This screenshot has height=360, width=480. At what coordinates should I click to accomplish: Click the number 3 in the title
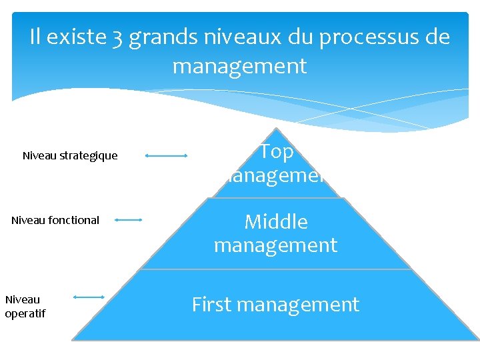click(x=117, y=37)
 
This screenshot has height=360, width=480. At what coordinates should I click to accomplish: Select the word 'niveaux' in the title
click(x=238, y=37)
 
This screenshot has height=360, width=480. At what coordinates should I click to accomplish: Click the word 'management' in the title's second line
click(x=239, y=66)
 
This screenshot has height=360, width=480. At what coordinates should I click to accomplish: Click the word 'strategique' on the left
click(x=89, y=156)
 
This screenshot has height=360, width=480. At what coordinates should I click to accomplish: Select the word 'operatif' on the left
click(x=25, y=313)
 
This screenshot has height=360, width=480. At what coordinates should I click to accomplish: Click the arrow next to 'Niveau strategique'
click(x=166, y=156)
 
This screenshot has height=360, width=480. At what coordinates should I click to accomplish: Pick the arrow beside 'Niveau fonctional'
click(x=128, y=219)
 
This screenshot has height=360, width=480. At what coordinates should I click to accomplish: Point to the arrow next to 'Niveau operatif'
click(x=89, y=297)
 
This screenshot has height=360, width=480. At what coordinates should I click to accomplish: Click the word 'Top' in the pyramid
click(x=277, y=151)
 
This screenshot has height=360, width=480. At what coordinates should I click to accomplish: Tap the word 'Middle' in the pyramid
click(x=276, y=221)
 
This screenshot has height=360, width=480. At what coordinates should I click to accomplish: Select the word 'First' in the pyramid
click(x=212, y=305)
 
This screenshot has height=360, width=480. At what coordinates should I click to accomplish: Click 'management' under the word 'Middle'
click(x=275, y=245)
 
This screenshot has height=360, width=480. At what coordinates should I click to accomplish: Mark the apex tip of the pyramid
click(x=275, y=129)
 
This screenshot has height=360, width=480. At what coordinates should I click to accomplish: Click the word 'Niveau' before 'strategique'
click(x=40, y=156)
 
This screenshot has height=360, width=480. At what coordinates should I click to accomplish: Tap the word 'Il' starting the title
click(x=36, y=37)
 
